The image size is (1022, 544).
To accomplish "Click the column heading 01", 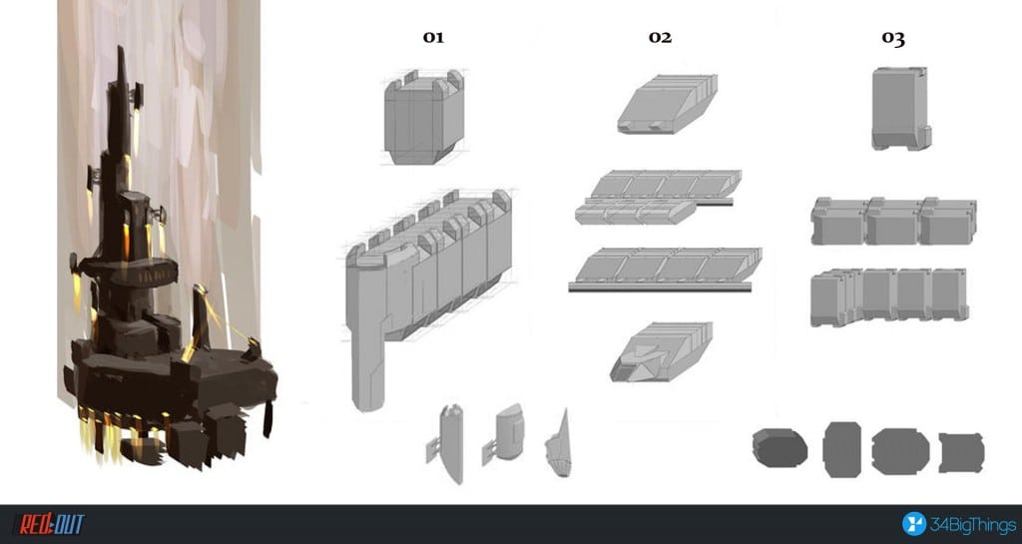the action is coord(433,37).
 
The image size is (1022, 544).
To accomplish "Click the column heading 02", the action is coord(660,37).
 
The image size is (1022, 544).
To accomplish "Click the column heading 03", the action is coord(893,38).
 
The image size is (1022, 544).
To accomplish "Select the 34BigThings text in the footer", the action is coord(972,525).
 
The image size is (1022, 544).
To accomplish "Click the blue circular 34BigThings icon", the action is coord(914,524).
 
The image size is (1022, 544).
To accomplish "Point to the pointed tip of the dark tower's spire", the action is coord(121,46).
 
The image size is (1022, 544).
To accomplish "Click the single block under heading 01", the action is coord(424,117).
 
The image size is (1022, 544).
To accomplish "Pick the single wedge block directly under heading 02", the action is coord(668,104).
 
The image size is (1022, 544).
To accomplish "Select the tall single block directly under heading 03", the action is coord(901,108).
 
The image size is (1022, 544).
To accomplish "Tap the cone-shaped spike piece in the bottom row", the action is coord(559,444).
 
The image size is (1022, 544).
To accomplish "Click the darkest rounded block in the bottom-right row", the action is coord(779,447).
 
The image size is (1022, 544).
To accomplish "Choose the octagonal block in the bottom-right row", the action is coord(900,451).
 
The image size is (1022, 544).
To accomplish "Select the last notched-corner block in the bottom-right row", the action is coord(961,453).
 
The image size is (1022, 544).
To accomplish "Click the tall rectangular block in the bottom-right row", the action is coord(841,449).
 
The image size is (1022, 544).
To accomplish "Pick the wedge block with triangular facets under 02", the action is coord(661,351).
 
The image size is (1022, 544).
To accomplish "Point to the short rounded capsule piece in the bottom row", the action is coord(507,433).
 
